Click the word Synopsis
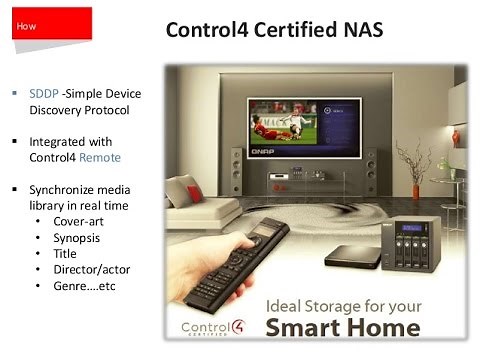click(77, 239)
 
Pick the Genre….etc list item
click(85, 286)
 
